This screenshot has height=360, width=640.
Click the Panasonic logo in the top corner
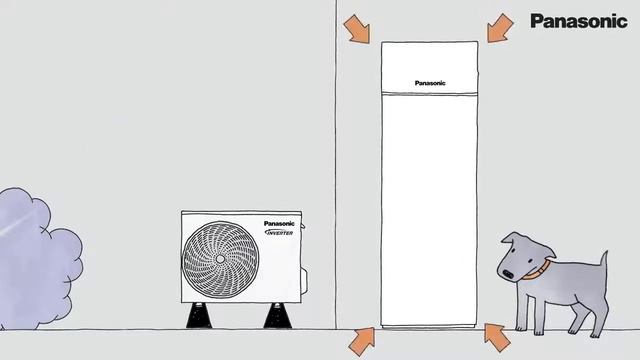(x=578, y=21)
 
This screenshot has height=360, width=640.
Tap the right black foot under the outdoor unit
(x=277, y=315)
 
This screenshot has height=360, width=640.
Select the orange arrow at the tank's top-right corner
(x=500, y=29)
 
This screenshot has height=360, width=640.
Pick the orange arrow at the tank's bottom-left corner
(x=361, y=340)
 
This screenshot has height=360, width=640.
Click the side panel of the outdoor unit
(x=283, y=270)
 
